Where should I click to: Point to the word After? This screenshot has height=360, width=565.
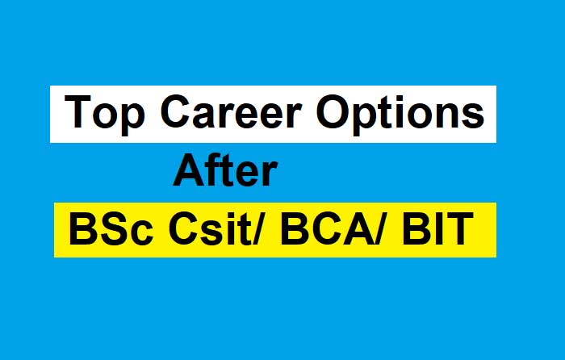(226, 174)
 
